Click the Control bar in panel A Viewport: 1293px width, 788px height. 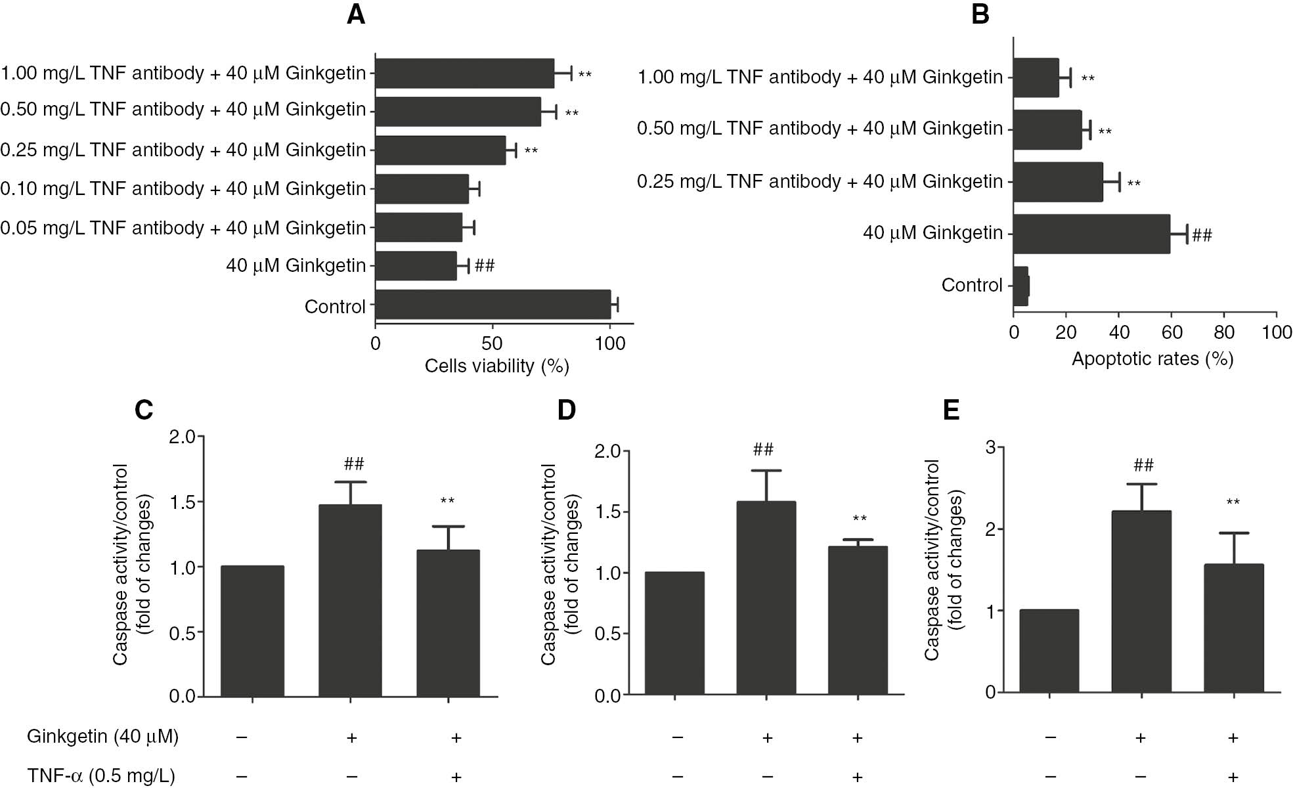click(493, 305)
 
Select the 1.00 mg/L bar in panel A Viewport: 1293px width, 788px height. click(464, 73)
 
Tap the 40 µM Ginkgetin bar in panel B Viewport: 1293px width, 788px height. click(1091, 234)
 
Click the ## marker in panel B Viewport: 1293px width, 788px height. click(1202, 235)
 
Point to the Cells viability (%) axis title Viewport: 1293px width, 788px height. click(496, 366)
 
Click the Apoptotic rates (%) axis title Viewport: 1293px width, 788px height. click(1152, 359)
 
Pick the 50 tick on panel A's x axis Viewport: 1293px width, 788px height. click(492, 343)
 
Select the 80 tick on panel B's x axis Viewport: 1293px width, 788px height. click(1224, 332)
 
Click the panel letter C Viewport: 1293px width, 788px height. click(144, 410)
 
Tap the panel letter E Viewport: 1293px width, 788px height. click(951, 410)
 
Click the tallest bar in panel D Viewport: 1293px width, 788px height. click(766, 598)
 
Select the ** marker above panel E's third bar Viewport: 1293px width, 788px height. click(1233, 503)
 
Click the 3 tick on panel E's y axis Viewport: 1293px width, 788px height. click(991, 448)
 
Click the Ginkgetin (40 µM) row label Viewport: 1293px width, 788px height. click(102, 737)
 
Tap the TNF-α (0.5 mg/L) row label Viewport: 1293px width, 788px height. click(101, 776)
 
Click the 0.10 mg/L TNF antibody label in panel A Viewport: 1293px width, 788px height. click(183, 189)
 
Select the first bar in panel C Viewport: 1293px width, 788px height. click(252, 630)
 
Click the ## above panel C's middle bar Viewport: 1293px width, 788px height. click(353, 464)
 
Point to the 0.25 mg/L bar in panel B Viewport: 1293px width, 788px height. click(1058, 182)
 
